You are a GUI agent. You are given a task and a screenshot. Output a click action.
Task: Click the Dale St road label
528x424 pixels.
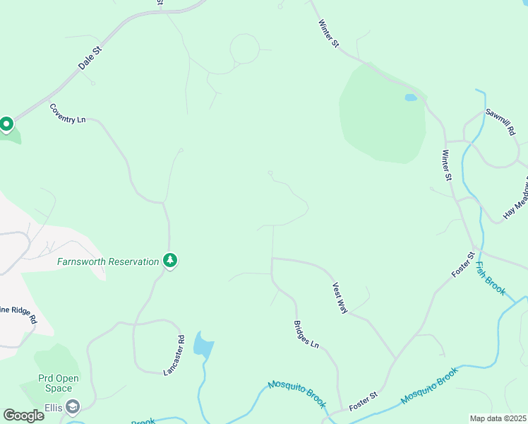pyautogui.click(x=90, y=57)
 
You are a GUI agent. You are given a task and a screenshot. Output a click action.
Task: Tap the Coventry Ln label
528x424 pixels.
pyautogui.click(x=67, y=114)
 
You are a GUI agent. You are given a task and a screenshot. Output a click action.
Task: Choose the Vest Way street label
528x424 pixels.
pyautogui.click(x=340, y=298)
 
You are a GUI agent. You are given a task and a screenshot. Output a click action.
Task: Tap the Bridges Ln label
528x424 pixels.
pyautogui.click(x=306, y=334)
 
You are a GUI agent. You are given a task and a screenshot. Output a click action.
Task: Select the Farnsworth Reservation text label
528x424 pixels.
pyautogui.click(x=108, y=261)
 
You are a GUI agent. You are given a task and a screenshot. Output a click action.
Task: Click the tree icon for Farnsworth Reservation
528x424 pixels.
pyautogui.click(x=170, y=261)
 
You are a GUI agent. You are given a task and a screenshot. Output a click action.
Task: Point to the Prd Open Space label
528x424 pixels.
pyautogui.click(x=59, y=383)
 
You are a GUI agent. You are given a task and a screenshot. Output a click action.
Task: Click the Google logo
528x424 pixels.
pyautogui.click(x=23, y=415)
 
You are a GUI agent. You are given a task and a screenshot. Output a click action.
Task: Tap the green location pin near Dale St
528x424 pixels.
pyautogui.click(x=6, y=125)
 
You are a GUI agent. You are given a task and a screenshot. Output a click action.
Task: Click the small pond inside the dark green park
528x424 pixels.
pyautogui.click(x=410, y=98)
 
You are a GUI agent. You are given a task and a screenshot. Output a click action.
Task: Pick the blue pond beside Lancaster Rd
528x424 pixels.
pyautogui.click(x=203, y=344)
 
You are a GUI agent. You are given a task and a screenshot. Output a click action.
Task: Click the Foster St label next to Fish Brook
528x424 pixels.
pyautogui.click(x=461, y=264)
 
